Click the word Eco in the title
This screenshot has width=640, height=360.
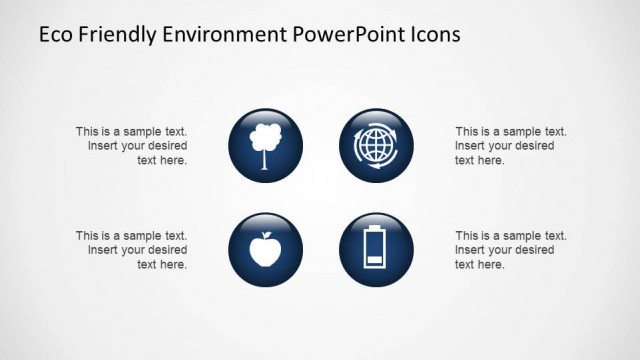pyautogui.click(x=55, y=35)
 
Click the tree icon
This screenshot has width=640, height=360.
pyautogui.click(x=265, y=145)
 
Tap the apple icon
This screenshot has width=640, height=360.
pyautogui.click(x=265, y=250)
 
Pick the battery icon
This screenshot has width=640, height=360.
pyautogui.click(x=374, y=250)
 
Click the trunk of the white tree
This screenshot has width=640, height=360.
pyautogui.click(x=265, y=160)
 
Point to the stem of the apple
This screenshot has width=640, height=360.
pyautogui.click(x=266, y=235)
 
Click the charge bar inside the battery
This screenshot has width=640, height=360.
pyautogui.click(x=374, y=262)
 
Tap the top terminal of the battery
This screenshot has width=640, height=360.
pyautogui.click(x=374, y=231)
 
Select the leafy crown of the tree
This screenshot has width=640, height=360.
pyautogui.click(x=265, y=136)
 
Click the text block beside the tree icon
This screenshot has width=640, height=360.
pyautogui.click(x=132, y=145)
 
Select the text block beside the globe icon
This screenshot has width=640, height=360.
pyautogui.click(x=510, y=145)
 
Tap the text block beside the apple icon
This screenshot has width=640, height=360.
pyautogui.click(x=132, y=250)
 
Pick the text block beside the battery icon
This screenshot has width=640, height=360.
pyautogui.click(x=510, y=250)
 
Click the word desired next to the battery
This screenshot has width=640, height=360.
pyautogui.click(x=533, y=250)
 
